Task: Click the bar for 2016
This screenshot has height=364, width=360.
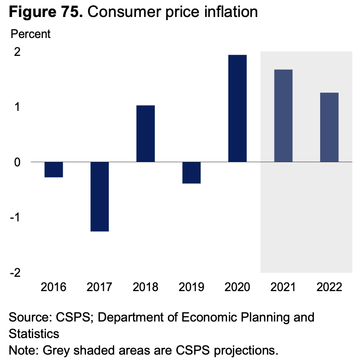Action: point(54,169)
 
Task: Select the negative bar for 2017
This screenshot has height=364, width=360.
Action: point(100,196)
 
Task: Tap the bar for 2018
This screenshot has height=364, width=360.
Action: point(146,134)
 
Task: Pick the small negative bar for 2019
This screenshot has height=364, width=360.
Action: point(192,173)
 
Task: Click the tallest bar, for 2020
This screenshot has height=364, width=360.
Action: point(237,108)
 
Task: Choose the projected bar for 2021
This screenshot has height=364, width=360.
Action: point(283,116)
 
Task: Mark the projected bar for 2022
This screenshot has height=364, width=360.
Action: point(329,127)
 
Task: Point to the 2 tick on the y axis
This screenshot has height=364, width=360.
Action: point(17,52)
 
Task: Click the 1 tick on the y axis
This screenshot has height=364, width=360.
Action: point(17,107)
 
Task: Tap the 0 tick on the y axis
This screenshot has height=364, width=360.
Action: point(17,162)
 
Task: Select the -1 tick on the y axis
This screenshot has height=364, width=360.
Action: point(15,217)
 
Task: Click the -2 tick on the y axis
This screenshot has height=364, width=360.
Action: point(15,272)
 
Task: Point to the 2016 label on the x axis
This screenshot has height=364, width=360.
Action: point(54,287)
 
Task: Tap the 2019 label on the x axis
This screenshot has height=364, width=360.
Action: point(192,287)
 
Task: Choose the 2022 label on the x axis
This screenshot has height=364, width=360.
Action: point(329,287)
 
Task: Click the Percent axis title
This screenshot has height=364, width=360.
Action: point(30,34)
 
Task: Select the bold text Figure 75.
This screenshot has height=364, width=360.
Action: point(45,12)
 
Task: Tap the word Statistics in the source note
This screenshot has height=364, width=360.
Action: point(34,334)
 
